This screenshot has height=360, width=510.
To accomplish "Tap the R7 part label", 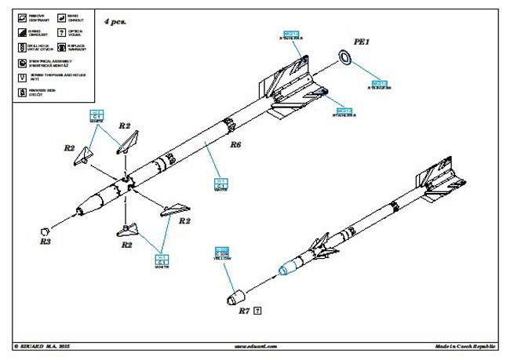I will coord(243,311).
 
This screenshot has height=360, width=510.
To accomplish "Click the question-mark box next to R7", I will coord(258,311).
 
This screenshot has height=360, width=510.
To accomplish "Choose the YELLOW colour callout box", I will coord(222,255).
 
